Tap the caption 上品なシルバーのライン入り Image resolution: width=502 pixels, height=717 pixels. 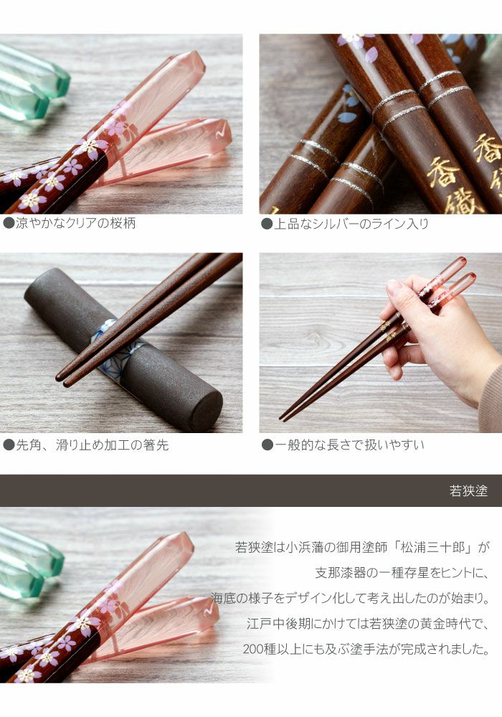coord(351,224)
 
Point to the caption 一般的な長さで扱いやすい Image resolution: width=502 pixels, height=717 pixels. coord(349,445)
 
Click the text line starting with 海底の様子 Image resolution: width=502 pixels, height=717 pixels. coord(351,599)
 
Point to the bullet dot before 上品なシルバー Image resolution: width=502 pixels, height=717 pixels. coord(267,224)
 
